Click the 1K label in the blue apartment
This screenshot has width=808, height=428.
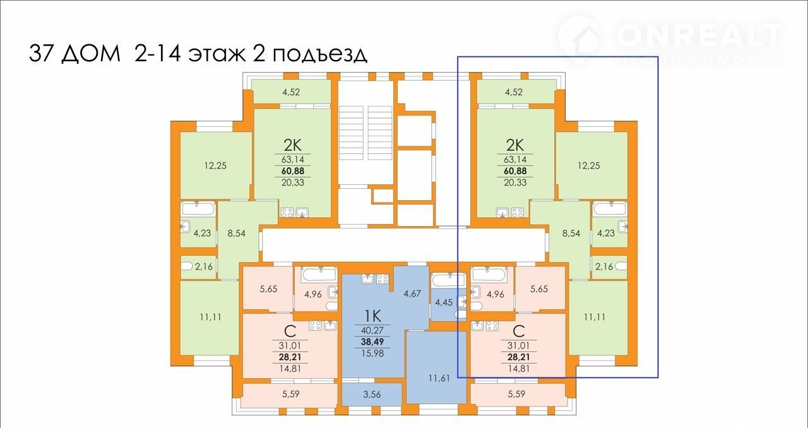(372, 313)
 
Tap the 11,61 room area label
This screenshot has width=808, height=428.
(439, 379)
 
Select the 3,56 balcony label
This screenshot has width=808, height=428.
(371, 395)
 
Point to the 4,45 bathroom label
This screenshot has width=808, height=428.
(443, 302)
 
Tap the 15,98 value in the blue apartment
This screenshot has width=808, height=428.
(372, 352)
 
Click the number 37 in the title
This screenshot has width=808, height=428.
(42, 54)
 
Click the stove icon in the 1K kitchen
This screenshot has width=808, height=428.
(382, 277)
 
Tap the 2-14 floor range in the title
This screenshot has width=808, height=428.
(155, 54)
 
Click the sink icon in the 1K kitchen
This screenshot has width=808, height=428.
(366, 277)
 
